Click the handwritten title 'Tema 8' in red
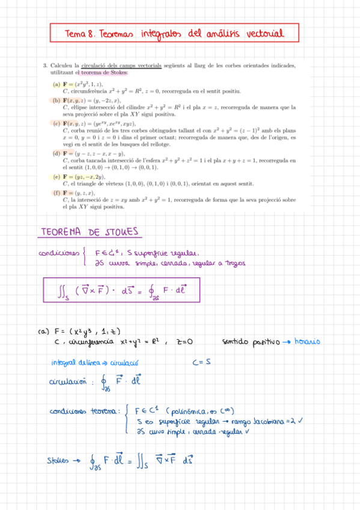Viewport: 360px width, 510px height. tap(79, 34)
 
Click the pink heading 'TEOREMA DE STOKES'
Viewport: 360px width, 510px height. tap(89, 232)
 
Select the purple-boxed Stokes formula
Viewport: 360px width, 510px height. tap(122, 292)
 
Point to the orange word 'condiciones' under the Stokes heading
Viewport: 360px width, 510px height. tap(60, 253)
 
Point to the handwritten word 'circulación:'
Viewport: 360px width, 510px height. tap(71, 382)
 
